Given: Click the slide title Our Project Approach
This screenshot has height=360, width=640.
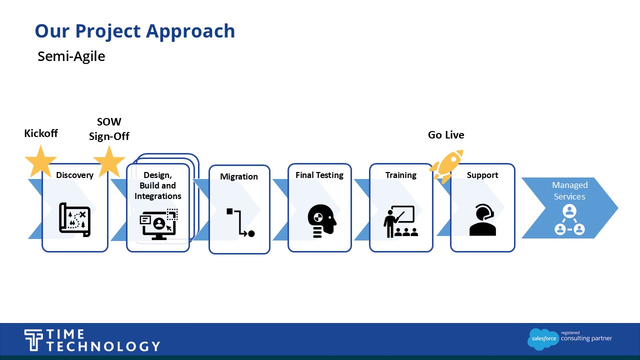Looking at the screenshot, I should click(x=135, y=31).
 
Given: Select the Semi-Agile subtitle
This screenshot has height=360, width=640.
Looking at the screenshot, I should click(x=71, y=56).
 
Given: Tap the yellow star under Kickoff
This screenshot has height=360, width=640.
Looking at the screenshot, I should click(x=40, y=161).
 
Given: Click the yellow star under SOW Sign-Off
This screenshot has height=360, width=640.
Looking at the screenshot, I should click(x=109, y=161).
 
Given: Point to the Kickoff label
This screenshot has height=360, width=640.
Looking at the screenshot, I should click(x=41, y=133).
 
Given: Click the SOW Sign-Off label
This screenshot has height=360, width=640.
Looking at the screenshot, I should click(x=109, y=129).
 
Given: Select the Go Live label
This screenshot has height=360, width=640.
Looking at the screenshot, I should click(x=446, y=135).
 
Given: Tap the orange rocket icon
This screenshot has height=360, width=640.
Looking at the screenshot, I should click(x=446, y=165).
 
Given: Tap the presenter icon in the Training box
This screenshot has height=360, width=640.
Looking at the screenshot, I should click(x=400, y=221).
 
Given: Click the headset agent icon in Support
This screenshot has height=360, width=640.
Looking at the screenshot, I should click(x=482, y=220).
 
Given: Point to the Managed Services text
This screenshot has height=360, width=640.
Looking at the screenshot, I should click(x=569, y=191).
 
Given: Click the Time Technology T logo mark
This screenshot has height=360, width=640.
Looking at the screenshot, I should click(x=34, y=340).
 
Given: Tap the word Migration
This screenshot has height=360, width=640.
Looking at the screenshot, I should click(x=239, y=176).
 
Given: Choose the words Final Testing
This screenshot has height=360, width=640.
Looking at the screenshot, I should click(x=319, y=175).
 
